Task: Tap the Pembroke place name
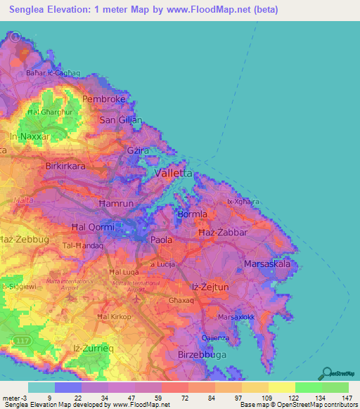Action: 103,99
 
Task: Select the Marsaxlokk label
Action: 236,317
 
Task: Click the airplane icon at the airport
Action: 143,287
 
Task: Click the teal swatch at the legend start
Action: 41,387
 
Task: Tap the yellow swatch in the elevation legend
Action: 281,387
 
